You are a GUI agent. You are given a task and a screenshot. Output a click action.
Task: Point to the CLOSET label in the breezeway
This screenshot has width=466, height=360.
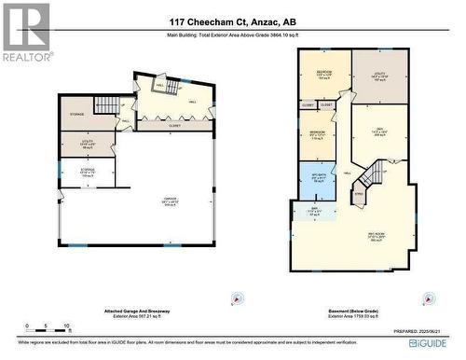click(x=176, y=121)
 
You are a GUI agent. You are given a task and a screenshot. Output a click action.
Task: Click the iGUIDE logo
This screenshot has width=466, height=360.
click(x=438, y=343)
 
